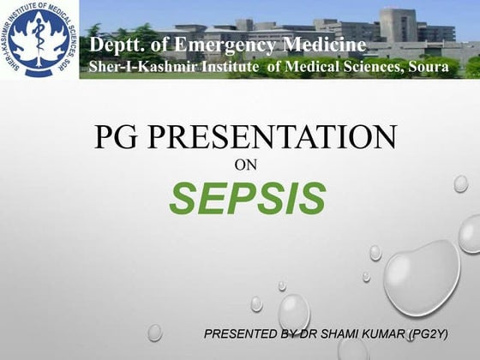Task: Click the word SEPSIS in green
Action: click(248, 198)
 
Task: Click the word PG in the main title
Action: click(115, 137)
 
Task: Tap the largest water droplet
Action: click(421, 276)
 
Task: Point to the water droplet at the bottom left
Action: click(154, 332)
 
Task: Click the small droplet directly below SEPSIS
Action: click(256, 303)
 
